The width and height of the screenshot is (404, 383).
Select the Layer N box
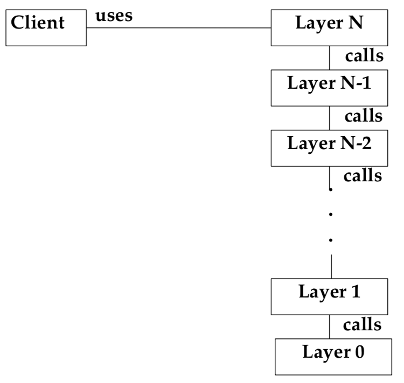point(329,28)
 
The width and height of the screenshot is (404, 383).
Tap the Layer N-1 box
point(329,88)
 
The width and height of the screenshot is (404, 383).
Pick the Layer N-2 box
point(329,148)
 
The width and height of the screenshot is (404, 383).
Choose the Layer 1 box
point(329,296)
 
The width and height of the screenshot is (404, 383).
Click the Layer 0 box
point(333,356)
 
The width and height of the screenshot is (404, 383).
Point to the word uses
point(114,16)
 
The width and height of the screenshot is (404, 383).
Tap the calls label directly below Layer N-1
point(364,116)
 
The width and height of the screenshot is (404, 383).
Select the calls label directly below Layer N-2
point(363,175)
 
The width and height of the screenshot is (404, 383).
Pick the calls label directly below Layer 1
point(363,324)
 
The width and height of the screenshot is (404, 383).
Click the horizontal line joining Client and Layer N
point(178,28)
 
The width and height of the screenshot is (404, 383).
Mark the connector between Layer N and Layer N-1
point(329,58)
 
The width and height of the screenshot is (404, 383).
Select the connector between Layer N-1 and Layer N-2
point(329,118)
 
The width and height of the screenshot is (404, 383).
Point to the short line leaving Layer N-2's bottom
point(329,174)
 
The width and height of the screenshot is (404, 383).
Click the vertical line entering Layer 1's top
point(330,267)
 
